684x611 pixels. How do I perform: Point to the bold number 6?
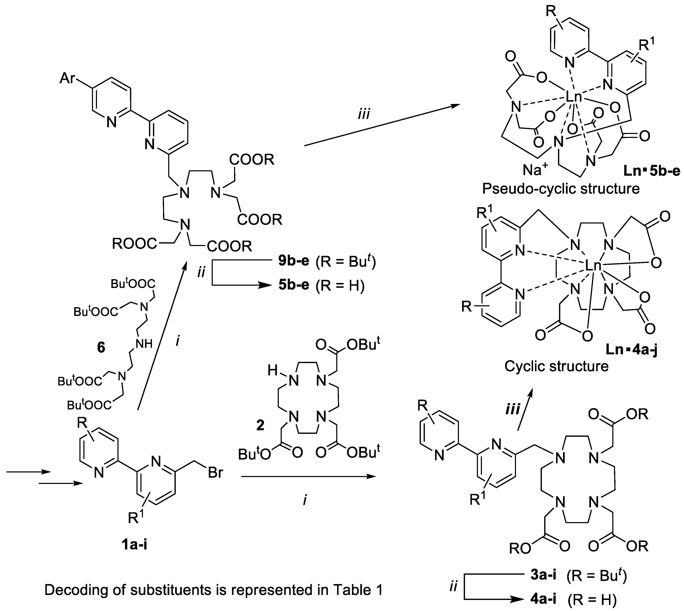[x=101, y=347]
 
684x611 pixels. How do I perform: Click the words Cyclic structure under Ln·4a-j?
[x=556, y=366]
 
